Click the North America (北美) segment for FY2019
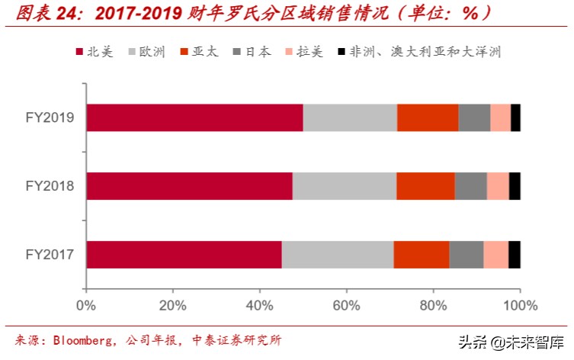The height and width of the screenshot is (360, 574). pos(194,117)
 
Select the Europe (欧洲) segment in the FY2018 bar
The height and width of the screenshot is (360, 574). pos(345,186)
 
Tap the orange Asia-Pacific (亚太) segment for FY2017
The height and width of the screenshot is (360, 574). pos(422,255)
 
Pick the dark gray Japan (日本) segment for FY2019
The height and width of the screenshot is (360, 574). pos(474,117)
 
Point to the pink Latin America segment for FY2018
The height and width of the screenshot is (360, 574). pos(498,186)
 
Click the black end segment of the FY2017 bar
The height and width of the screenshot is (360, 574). pos(515,255)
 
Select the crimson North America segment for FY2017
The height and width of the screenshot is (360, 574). pos(184,255)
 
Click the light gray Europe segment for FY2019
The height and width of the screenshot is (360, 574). pos(350,117)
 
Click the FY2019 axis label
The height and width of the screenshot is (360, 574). pos(49,117)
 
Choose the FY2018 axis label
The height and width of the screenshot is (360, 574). pos(49,185)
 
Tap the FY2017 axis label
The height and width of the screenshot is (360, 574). pos(49,254)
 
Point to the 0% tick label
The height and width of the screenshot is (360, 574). pos(86,307)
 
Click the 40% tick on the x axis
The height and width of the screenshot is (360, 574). pos(260,307)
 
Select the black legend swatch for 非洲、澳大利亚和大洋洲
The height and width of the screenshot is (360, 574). pos(340,52)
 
